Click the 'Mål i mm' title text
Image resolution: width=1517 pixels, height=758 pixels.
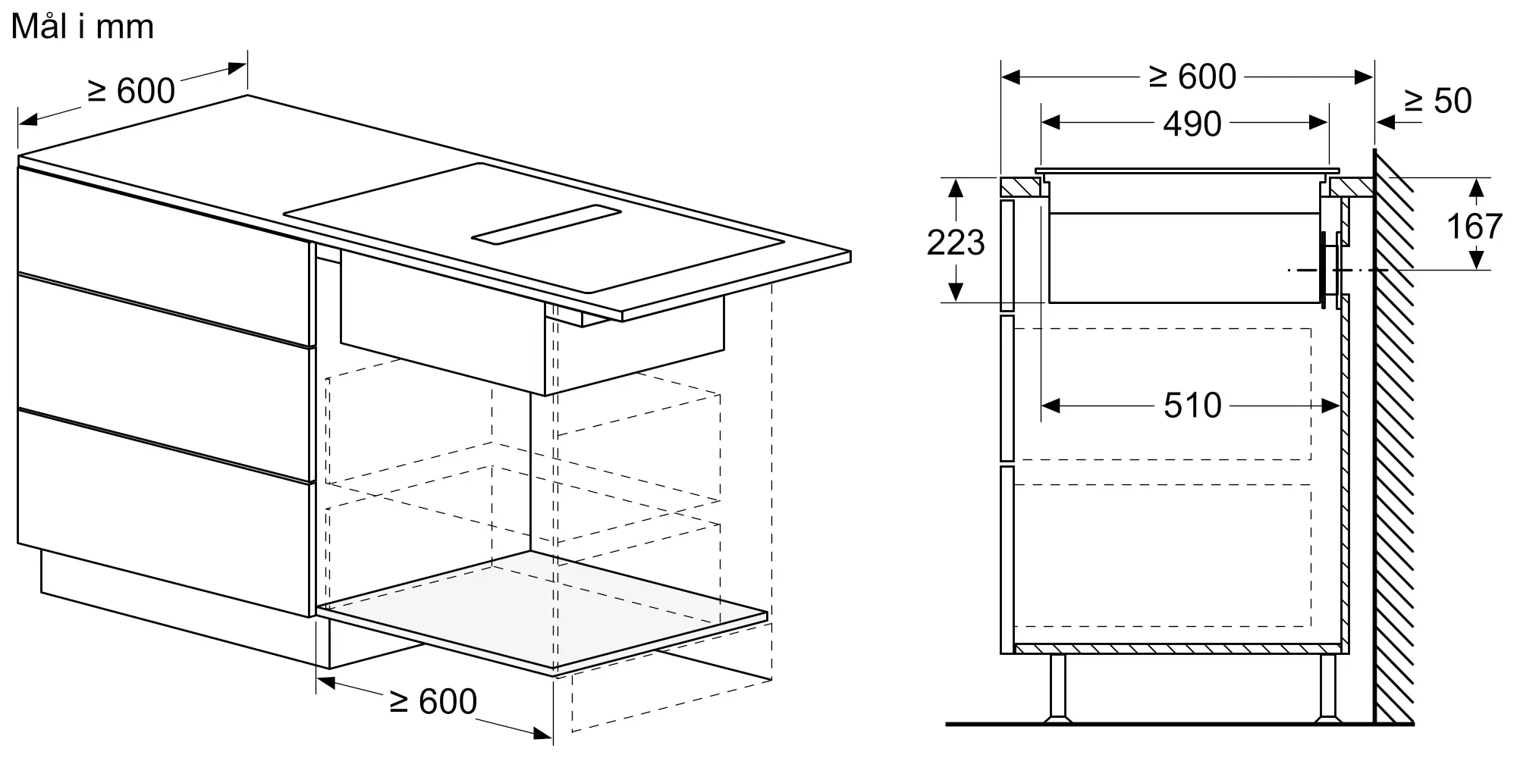(83, 27)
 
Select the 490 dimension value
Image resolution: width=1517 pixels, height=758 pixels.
(1192, 124)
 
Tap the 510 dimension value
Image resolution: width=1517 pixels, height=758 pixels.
(1192, 406)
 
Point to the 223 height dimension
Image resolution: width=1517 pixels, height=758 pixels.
(956, 242)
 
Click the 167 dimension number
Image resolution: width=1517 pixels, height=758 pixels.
(1474, 226)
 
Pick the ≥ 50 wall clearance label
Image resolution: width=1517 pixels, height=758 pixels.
(1437, 101)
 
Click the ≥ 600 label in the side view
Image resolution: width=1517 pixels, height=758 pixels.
(1192, 77)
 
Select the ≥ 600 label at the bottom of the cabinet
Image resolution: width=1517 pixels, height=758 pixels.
(433, 701)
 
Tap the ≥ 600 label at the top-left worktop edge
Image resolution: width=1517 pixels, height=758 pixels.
(131, 91)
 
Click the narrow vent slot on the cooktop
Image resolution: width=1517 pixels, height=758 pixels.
(546, 225)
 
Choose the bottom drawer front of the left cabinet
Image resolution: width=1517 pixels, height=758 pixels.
(163, 512)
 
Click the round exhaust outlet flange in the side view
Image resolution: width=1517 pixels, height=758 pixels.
(1328, 270)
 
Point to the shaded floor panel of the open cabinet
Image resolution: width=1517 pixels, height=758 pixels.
(542, 611)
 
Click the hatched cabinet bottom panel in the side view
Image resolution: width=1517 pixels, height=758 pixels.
(1177, 648)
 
